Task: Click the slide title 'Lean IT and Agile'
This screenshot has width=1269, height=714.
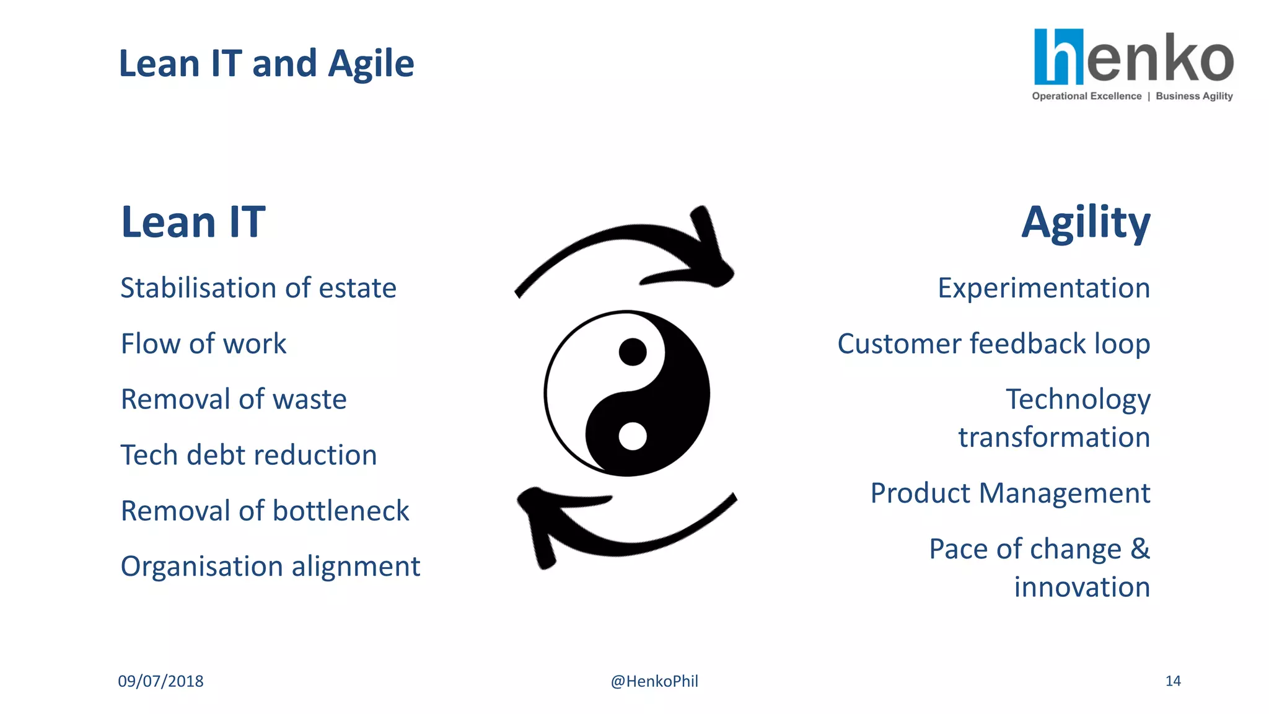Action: (x=266, y=64)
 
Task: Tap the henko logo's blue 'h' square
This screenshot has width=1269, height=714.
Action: (x=1059, y=56)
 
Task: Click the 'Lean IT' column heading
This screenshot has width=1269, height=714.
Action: (x=193, y=222)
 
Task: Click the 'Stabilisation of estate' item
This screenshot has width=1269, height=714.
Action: (x=258, y=288)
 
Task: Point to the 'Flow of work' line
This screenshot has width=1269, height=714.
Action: (x=203, y=344)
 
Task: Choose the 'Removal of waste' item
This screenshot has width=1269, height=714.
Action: (x=234, y=399)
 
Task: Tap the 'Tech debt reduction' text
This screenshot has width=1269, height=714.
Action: (x=248, y=455)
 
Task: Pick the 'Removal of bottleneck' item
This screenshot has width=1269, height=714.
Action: (x=265, y=511)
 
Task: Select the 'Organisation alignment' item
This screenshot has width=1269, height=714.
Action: (x=270, y=566)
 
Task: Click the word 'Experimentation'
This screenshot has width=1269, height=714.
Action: (x=1043, y=288)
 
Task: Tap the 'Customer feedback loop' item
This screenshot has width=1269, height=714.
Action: (x=993, y=344)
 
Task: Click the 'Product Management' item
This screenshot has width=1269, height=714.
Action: (x=1010, y=493)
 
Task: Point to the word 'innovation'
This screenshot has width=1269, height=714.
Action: (x=1082, y=587)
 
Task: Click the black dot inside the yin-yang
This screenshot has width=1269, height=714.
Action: (x=633, y=352)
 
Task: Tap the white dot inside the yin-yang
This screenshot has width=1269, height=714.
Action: (x=633, y=436)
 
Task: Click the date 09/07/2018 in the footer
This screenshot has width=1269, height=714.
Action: (x=160, y=681)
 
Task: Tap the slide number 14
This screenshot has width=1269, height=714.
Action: (x=1172, y=681)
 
